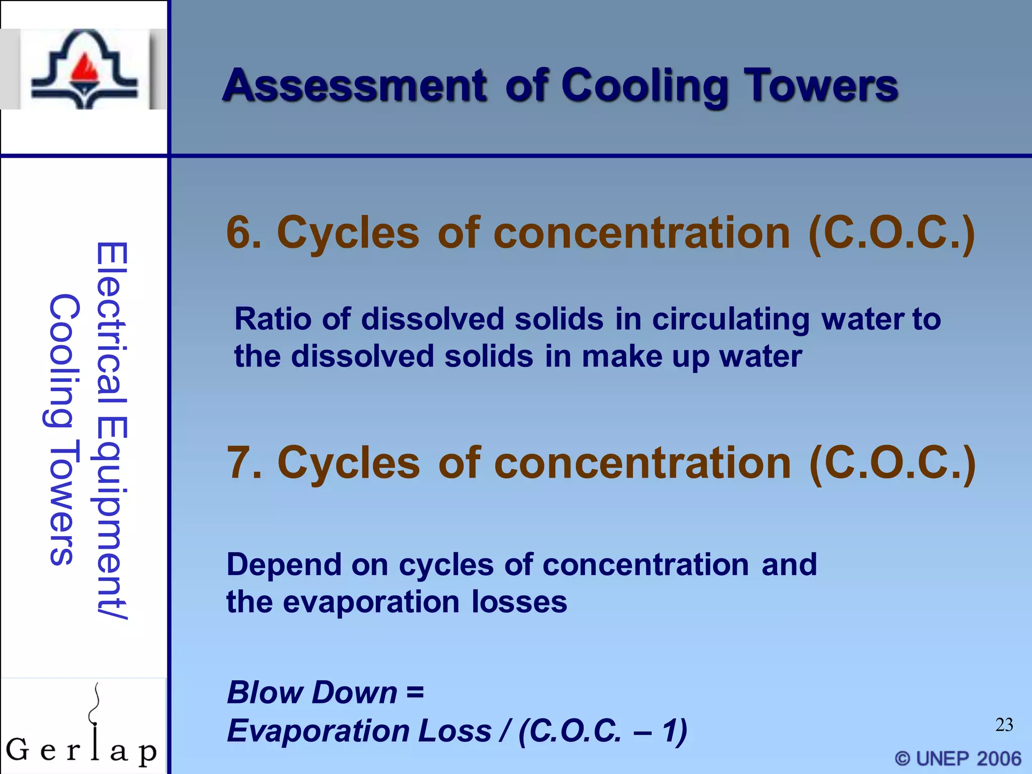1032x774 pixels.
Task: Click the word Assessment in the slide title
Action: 355,86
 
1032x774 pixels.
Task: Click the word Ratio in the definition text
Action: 272,319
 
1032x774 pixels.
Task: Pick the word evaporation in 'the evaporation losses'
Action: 371,603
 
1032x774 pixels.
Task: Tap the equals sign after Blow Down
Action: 415,692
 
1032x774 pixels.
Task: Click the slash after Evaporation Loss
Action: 504,731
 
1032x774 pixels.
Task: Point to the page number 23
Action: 1004,725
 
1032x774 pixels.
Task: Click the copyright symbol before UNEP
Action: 902,758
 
